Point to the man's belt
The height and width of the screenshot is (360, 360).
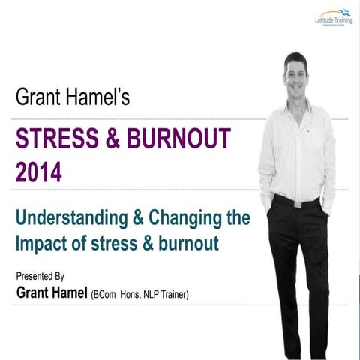tap(296, 200)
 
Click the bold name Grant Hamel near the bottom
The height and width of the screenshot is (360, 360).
tap(51, 292)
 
